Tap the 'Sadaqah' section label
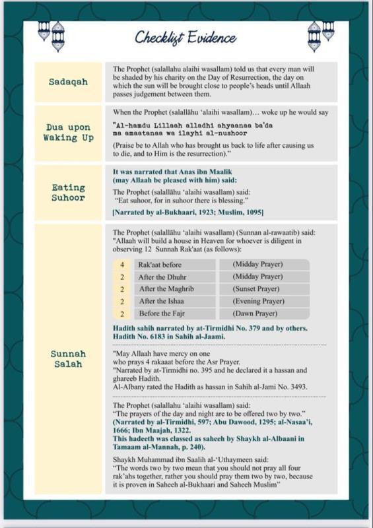coord(68,82)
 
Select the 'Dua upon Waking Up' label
coord(69,133)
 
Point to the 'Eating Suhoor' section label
coord(69,193)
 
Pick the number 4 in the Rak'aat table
coord(122,265)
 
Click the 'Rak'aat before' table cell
coord(160,265)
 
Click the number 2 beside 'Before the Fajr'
coord(122,313)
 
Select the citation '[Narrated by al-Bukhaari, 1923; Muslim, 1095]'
coord(188,212)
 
